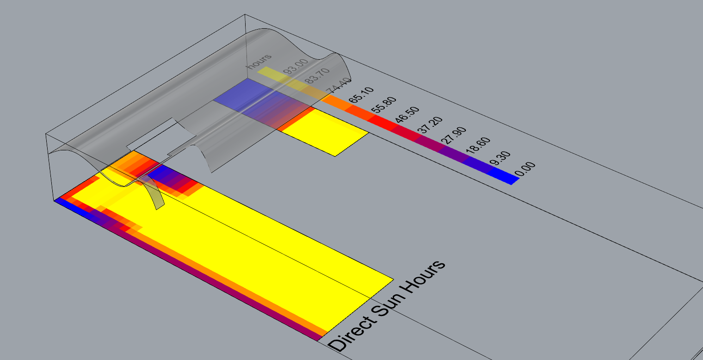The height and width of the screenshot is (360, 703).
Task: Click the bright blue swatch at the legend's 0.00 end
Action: [x=503, y=177]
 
